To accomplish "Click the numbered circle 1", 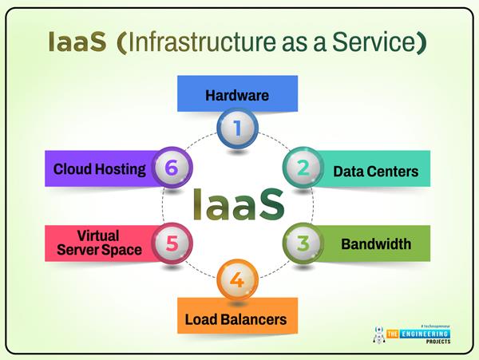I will coord(238,128).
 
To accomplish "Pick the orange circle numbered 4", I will coord(238,281).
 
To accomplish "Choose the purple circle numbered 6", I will coord(172,167).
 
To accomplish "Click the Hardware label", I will coord(237,96).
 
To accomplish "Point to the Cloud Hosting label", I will coord(100,168).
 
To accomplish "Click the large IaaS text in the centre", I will coord(238,204).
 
